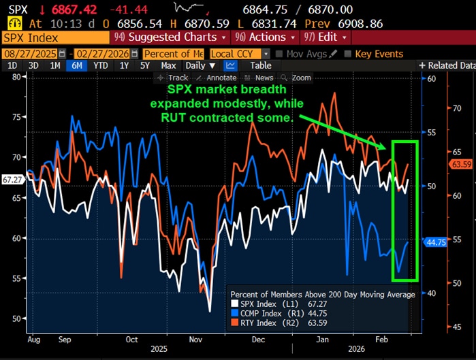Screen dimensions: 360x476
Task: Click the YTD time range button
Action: coord(101,65)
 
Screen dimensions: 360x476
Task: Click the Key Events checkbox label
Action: coord(379,53)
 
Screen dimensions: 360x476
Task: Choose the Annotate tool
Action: coord(218,78)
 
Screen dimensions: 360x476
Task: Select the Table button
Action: coord(260,65)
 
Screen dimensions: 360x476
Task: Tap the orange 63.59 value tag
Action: coord(462,164)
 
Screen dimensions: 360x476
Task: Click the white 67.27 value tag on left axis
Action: coord(12,180)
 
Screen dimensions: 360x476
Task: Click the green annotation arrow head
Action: coord(388,146)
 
